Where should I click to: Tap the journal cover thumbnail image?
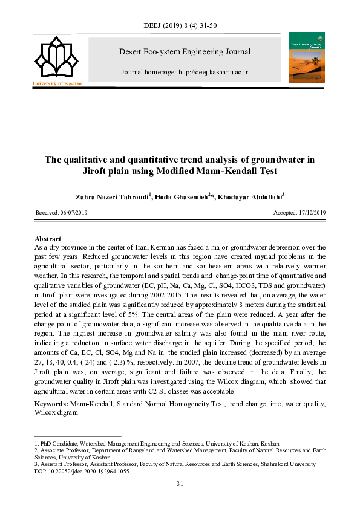(306, 56)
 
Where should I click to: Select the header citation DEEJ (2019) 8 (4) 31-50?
(180, 25)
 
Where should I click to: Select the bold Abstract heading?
(48, 239)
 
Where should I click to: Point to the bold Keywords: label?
(51, 403)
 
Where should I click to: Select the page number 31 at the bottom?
(180, 484)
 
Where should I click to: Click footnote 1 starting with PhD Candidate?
(157, 443)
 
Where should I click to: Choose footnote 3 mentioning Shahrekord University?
(175, 464)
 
